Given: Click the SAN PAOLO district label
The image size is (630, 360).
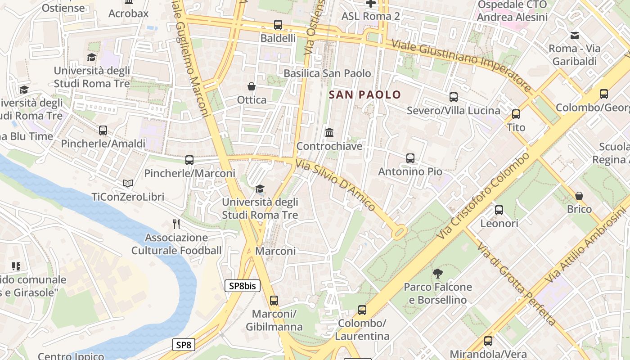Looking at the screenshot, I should (364, 94).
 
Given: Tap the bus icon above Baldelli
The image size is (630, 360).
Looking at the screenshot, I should (278, 25).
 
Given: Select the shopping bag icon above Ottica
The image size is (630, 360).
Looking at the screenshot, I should (252, 86).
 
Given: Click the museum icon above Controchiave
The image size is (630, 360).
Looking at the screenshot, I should (329, 133).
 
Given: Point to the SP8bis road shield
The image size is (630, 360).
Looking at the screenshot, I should (243, 286).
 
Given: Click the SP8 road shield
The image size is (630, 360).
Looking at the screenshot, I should (184, 345).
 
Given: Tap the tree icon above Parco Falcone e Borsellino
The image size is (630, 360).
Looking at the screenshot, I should (437, 273).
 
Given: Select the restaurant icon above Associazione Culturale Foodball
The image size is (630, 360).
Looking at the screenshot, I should (176, 224).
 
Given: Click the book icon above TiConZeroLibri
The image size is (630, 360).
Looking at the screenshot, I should (128, 183).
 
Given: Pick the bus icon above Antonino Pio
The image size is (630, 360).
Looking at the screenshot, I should (410, 158).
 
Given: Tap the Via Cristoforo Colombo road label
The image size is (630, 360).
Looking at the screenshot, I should (484, 196).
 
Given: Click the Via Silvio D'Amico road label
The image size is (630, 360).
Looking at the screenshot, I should (335, 184).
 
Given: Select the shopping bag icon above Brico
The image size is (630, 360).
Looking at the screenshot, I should (579, 196).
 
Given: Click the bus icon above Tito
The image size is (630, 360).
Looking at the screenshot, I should (516, 114).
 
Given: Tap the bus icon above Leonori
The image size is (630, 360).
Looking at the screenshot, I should (499, 210).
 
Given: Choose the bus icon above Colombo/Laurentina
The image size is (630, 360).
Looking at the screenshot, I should (362, 310).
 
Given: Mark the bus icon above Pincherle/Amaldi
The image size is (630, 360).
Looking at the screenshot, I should (103, 130).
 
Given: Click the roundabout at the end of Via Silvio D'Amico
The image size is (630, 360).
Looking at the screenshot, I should (399, 232).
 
